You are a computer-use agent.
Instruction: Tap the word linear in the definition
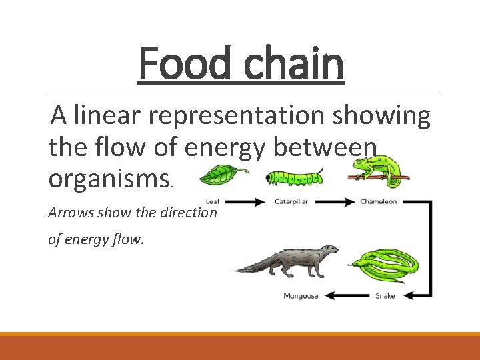click(x=108, y=116)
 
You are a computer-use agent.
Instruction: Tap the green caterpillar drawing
click(x=294, y=177)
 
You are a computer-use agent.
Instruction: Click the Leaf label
click(x=213, y=201)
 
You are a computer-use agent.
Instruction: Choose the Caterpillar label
click(x=294, y=201)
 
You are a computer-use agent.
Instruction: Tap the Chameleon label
click(x=378, y=201)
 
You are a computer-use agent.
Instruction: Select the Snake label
click(x=385, y=295)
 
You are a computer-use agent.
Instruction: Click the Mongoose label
click(x=300, y=295)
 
